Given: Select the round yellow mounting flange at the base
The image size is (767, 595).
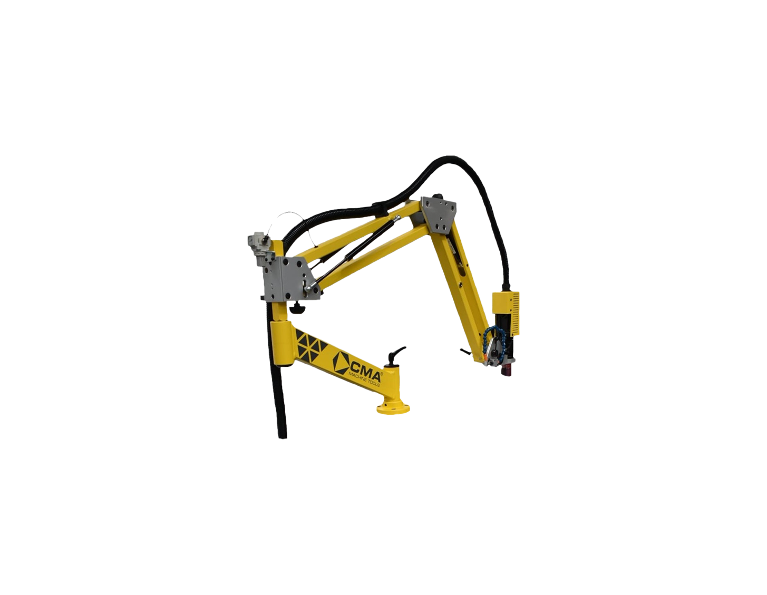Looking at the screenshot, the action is tap(393, 407).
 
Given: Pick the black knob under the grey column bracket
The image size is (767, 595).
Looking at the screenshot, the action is tap(298, 309).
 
